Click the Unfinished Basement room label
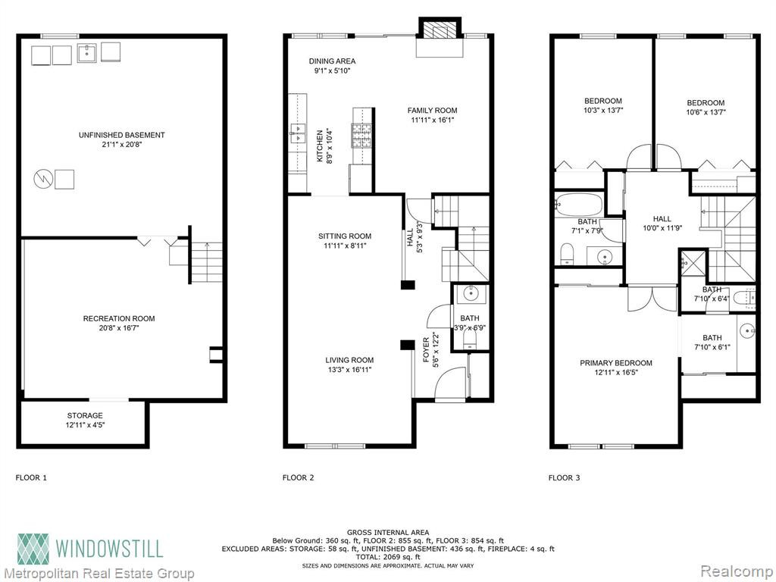pos(122,135)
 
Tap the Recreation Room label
pos(119,319)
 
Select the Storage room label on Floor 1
pos(85,416)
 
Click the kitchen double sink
pos(298,133)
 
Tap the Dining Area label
pos(332,61)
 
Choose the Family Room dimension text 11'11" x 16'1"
pos(432,120)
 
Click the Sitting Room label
pos(345,236)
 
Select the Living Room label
pos(349,360)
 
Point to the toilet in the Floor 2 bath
pos(469,340)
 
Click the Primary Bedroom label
pos(616,363)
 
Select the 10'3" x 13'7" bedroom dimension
pos(602,111)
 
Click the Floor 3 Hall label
pos(662,219)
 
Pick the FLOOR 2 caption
pos(298,477)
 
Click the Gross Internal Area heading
pos(388,533)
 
